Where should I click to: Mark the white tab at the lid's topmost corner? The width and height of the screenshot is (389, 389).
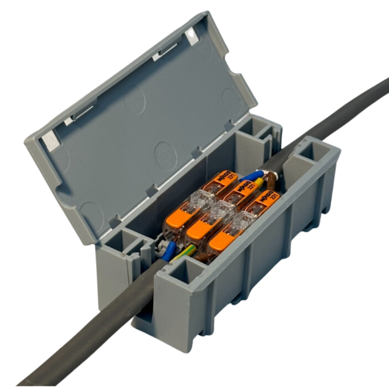192,36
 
